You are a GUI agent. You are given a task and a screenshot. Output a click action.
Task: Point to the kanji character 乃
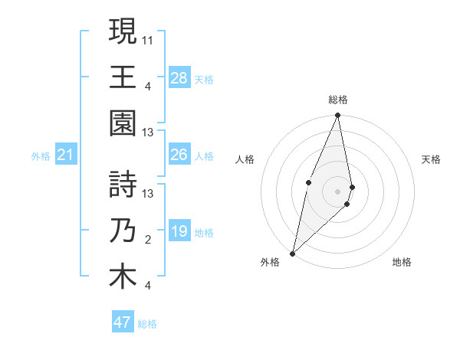(123, 231)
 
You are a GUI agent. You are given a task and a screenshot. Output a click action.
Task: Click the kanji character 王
(123, 77)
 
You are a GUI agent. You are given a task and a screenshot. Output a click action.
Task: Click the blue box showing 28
(179, 77)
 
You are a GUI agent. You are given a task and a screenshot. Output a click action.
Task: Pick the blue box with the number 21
(66, 155)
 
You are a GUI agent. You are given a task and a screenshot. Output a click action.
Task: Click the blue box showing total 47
(123, 322)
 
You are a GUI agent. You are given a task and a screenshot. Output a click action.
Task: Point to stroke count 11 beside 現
(148, 38)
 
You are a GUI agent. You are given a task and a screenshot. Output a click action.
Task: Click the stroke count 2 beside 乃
(148, 241)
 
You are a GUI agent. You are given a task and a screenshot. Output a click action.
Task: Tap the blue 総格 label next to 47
(147, 324)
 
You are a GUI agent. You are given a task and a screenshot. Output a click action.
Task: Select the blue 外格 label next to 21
(41, 156)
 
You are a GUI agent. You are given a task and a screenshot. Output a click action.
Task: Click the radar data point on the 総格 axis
(337, 116)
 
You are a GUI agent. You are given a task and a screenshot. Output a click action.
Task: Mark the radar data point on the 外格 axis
(293, 253)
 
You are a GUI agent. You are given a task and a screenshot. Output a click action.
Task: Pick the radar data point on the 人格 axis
(308, 182)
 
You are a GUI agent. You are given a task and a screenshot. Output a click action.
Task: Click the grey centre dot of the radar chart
(337, 191)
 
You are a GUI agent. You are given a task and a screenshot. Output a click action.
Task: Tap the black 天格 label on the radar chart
(432, 159)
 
